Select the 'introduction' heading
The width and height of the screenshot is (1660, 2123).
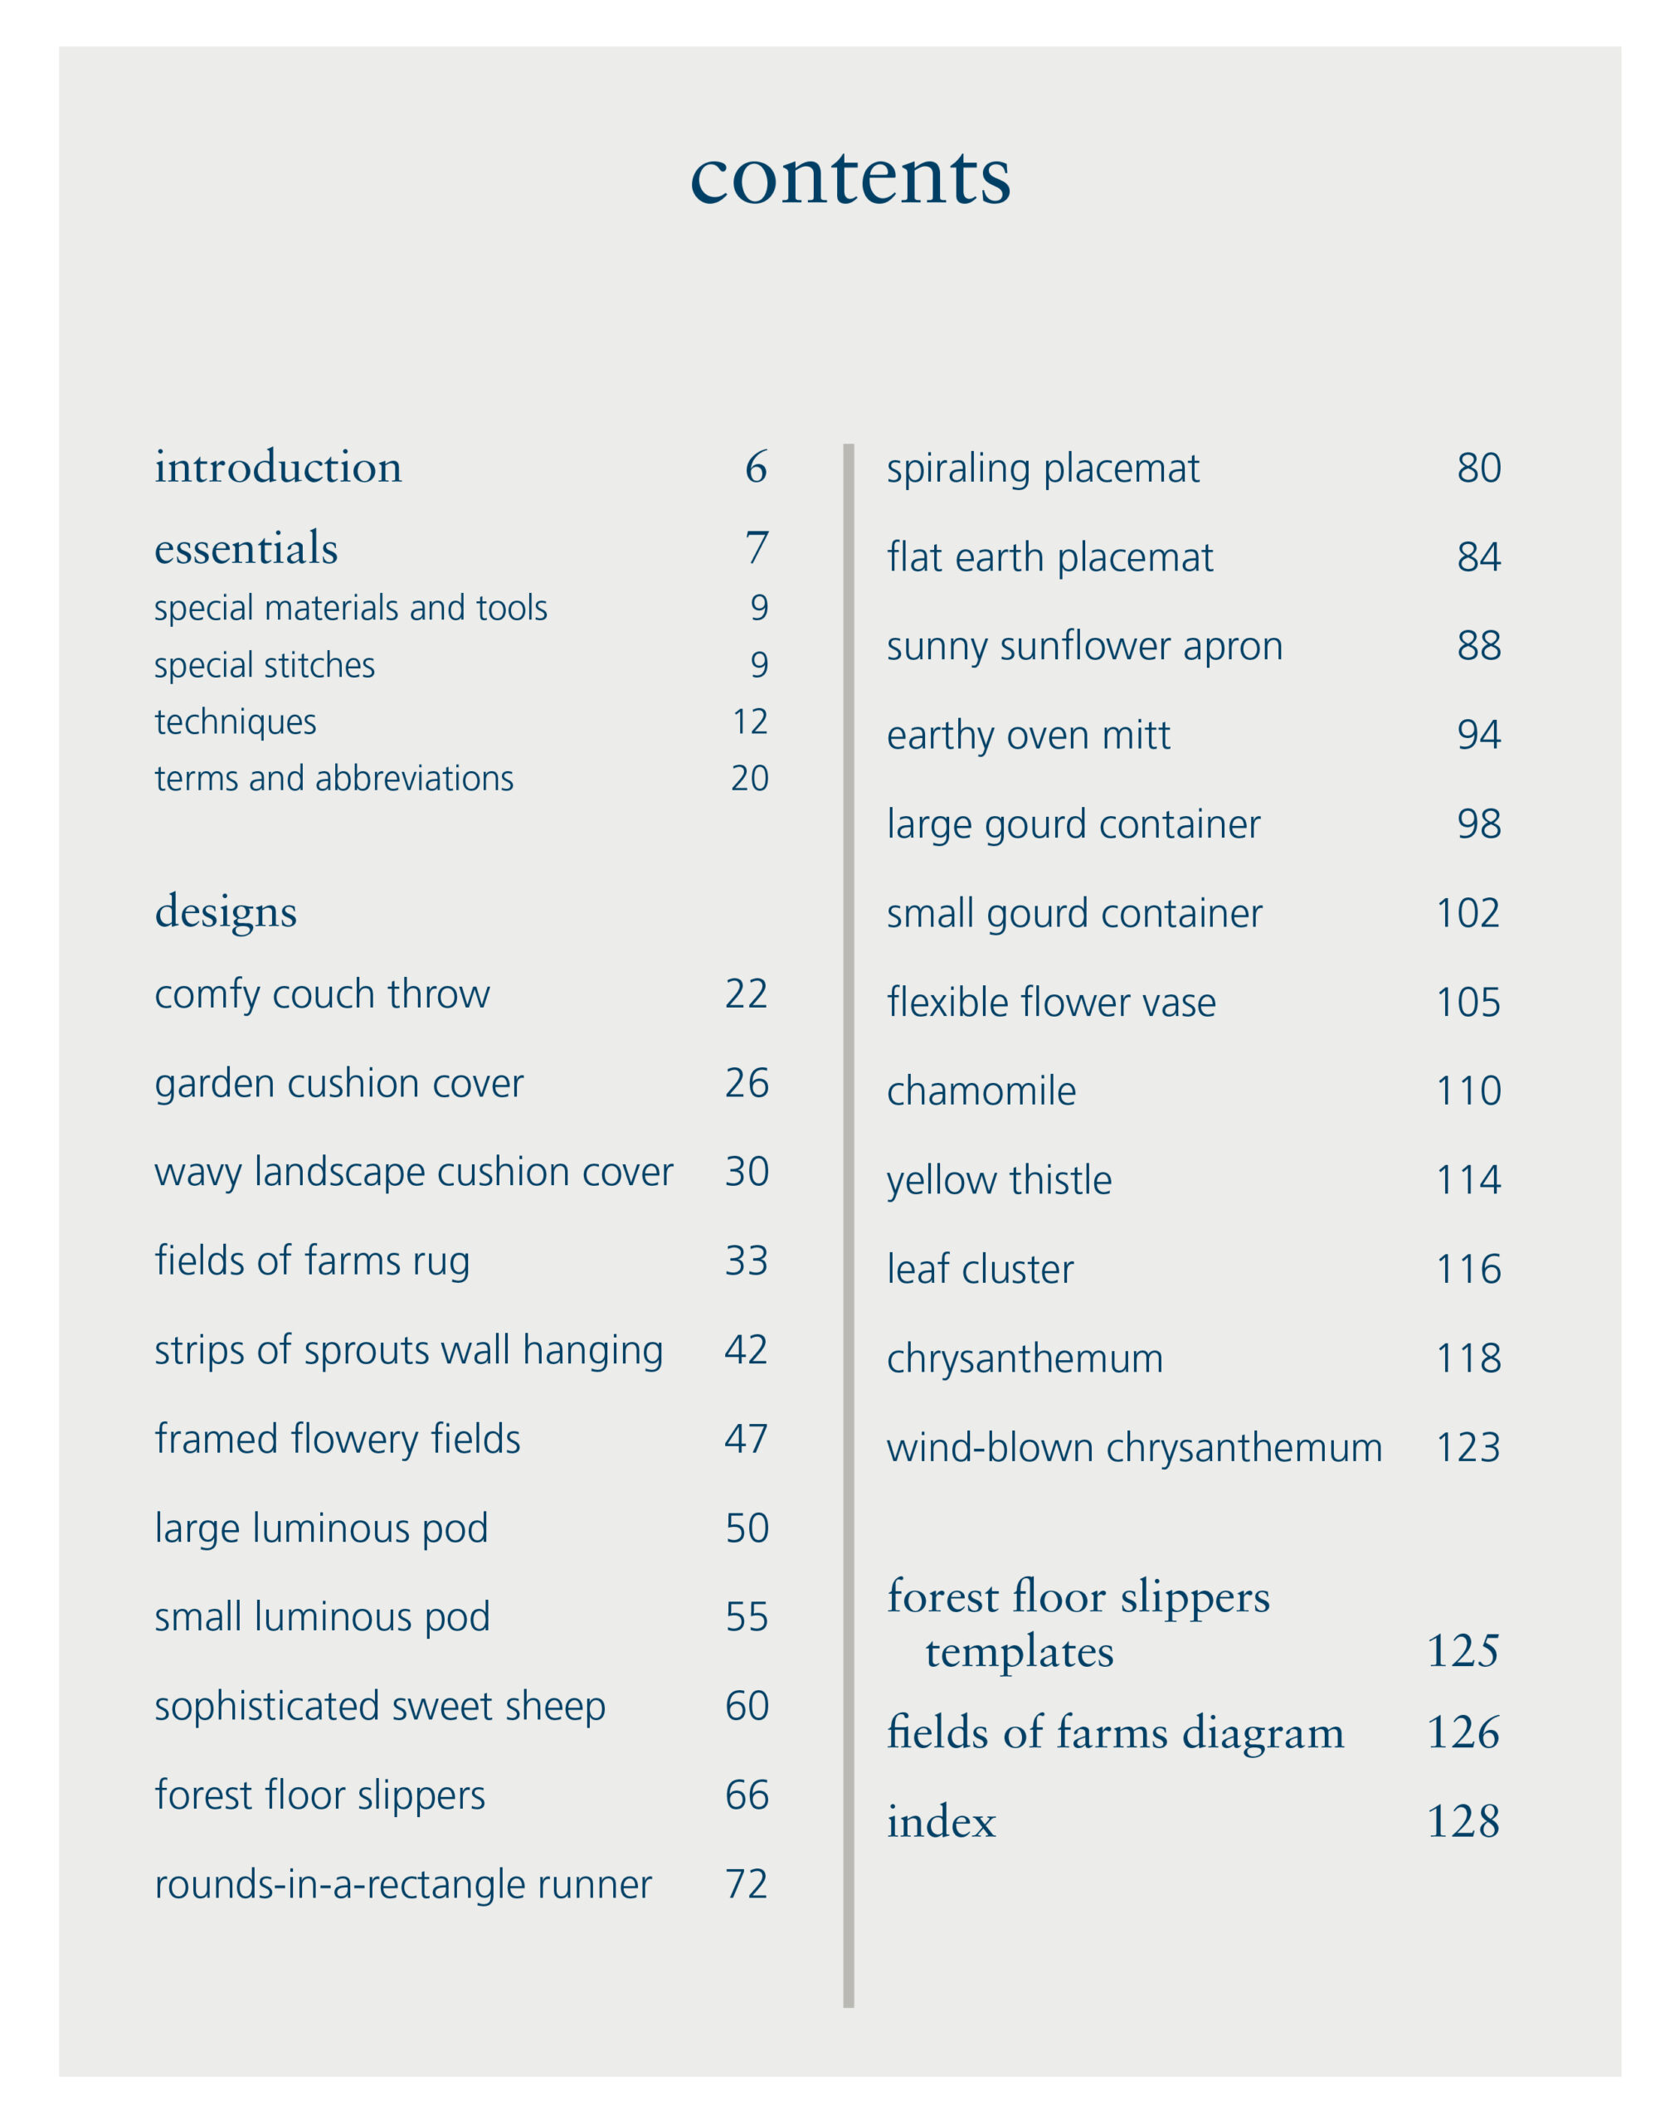(x=278, y=468)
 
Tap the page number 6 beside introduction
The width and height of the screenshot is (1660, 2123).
(x=757, y=468)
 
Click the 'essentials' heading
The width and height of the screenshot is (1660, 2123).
(x=246, y=548)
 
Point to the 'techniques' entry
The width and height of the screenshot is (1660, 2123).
(x=236, y=722)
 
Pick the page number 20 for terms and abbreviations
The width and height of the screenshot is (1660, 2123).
(x=750, y=779)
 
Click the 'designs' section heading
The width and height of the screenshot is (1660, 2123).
(x=226, y=911)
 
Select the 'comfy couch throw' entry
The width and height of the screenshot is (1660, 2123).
(x=322, y=994)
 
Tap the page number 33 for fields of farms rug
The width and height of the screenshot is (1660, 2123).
(x=747, y=1261)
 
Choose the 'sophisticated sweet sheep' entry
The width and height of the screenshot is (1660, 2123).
(x=379, y=1707)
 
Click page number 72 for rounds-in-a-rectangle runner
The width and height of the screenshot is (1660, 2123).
(x=747, y=1884)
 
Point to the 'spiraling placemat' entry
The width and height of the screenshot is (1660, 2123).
(x=1043, y=469)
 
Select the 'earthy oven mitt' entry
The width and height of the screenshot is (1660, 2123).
(x=1028, y=735)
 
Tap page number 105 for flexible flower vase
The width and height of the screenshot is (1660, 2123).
(x=1468, y=1002)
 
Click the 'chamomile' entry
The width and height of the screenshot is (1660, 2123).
(x=981, y=1091)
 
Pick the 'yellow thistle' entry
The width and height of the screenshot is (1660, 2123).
(x=999, y=1180)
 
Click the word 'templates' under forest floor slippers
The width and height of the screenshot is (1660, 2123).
(x=1019, y=1653)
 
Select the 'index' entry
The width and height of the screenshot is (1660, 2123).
(x=942, y=1822)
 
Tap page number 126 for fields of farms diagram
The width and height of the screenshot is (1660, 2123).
(x=1463, y=1733)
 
